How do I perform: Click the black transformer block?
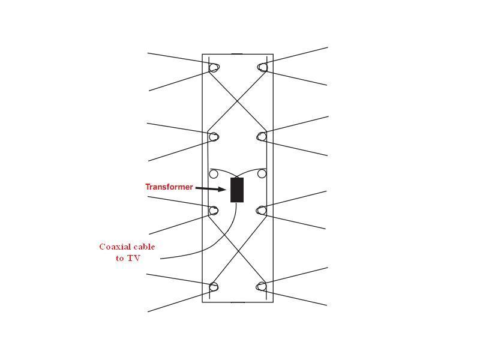pyautogui.click(x=237, y=190)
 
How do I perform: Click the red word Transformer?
pyautogui.click(x=169, y=187)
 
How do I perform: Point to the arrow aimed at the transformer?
pyautogui.click(x=211, y=189)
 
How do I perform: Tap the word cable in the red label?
pyautogui.click(x=145, y=247)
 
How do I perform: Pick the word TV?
pyautogui.click(x=134, y=258)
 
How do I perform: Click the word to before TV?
pyautogui.click(x=120, y=258)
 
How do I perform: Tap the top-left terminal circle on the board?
pyautogui.click(x=214, y=67)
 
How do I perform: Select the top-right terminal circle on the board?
pyautogui.click(x=262, y=67)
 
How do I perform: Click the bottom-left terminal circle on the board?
pyautogui.click(x=214, y=287)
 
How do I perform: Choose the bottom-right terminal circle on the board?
pyautogui.click(x=262, y=287)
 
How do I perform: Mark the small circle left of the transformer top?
pyautogui.click(x=214, y=174)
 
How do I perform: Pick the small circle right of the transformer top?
pyautogui.click(x=262, y=174)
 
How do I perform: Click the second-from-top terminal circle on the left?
pyautogui.click(x=214, y=137)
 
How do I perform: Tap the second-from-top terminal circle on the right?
pyautogui.click(x=262, y=137)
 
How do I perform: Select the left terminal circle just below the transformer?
pyautogui.click(x=214, y=211)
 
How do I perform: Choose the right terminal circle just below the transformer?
pyautogui.click(x=262, y=211)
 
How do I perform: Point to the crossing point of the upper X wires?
pyautogui.click(x=238, y=99)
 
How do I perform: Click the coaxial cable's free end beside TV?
pyautogui.click(x=161, y=259)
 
